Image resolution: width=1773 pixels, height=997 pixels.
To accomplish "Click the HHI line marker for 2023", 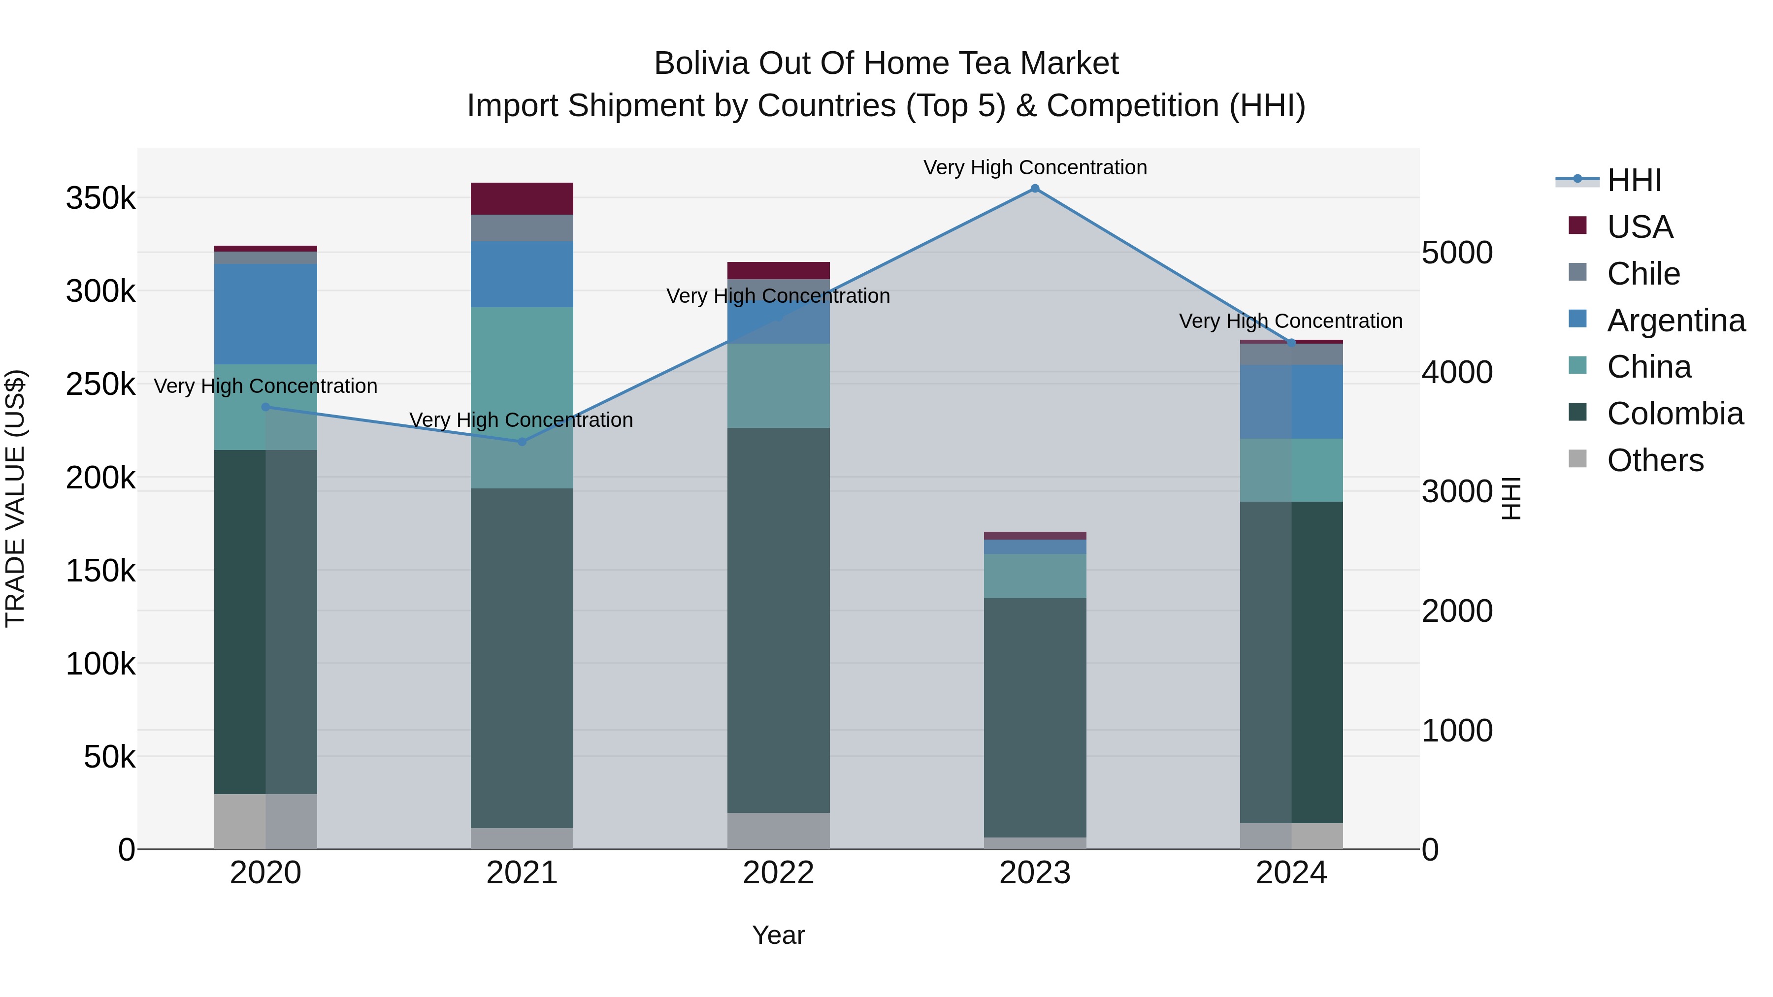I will coord(1034,189).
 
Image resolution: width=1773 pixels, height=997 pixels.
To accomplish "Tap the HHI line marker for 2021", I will coord(522,442).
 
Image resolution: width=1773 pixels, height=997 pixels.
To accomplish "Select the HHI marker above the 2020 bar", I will coord(265,407).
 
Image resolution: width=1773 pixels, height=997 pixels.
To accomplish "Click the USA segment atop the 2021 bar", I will coord(522,199).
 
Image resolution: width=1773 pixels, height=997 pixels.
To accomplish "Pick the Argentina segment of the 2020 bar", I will coord(265,314).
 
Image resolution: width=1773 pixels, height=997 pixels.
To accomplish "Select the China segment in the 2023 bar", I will coord(1034,576).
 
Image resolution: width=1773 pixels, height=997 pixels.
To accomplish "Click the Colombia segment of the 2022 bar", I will coord(779,619).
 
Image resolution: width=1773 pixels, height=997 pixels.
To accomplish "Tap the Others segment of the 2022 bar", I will coord(779,831).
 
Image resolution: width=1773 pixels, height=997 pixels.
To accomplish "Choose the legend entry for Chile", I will coord(1643,274).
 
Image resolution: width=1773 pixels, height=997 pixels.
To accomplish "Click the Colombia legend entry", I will coord(1674,414).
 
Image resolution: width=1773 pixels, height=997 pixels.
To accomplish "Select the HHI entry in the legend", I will coord(1634,180).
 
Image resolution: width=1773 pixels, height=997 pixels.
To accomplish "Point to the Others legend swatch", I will coord(1577,459).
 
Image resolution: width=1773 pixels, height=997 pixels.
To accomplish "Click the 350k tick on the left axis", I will coord(100,199).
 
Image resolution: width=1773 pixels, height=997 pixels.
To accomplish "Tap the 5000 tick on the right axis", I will coord(1456,253).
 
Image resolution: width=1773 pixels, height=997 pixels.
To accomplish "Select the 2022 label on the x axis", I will coord(779,873).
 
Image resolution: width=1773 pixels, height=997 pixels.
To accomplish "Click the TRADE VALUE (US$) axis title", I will coord(15,498).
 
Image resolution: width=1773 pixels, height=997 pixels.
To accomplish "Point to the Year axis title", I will coord(779,935).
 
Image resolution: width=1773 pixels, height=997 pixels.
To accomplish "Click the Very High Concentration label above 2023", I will coord(1034,167).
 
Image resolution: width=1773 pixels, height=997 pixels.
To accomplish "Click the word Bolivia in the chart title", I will coord(700,64).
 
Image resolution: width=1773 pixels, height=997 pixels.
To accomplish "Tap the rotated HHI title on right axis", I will coord(1511,498).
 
